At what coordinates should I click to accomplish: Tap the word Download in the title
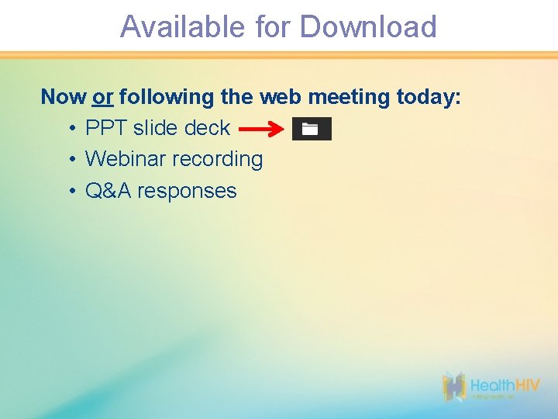pyautogui.click(x=368, y=27)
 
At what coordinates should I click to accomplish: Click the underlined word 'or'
pyautogui.click(x=103, y=98)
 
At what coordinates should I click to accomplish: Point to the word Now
pyautogui.click(x=64, y=97)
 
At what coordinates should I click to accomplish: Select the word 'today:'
pyautogui.click(x=429, y=98)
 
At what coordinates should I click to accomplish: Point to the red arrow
pyautogui.click(x=260, y=130)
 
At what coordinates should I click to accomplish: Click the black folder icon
pyautogui.click(x=311, y=129)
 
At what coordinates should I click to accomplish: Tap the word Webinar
pyautogui.click(x=126, y=159)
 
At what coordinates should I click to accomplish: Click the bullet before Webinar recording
pyautogui.click(x=71, y=160)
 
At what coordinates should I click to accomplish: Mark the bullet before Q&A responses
pyautogui.click(x=71, y=191)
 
